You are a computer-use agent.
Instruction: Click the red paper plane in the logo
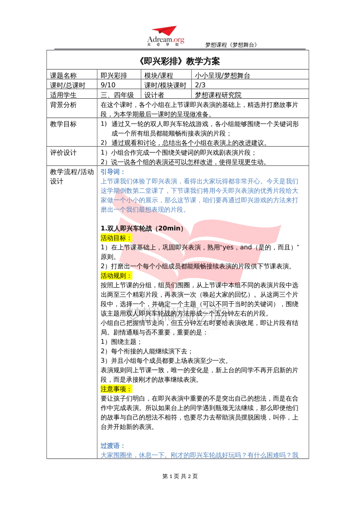(165, 31)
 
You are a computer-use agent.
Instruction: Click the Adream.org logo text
(165, 40)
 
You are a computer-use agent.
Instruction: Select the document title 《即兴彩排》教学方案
(179, 61)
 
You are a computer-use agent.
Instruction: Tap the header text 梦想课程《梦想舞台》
(231, 45)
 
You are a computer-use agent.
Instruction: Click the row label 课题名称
(63, 76)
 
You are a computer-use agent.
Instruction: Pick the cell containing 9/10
(108, 85)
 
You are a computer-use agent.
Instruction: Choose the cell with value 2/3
(200, 85)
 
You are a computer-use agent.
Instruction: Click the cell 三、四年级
(117, 95)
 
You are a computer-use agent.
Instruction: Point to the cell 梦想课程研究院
(218, 95)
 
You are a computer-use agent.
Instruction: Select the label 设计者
(154, 95)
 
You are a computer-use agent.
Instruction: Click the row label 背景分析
(63, 105)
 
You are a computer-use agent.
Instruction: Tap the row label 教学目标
(63, 124)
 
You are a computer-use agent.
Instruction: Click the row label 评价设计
(63, 153)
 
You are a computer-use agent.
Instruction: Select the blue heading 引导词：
(113, 172)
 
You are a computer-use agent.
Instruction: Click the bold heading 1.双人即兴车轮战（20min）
(142, 228)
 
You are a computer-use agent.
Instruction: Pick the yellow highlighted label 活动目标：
(116, 238)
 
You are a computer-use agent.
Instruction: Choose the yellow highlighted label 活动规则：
(116, 276)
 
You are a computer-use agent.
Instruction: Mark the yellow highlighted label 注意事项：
(116, 389)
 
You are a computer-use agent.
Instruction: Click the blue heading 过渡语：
(113, 446)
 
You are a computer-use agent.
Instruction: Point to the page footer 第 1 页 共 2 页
(180, 476)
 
